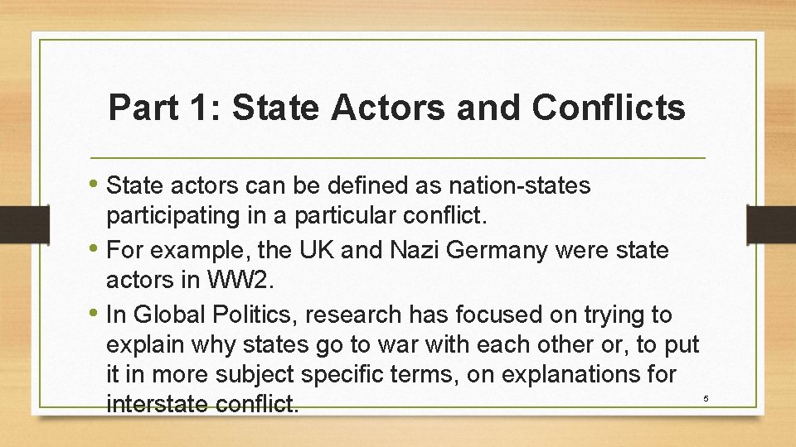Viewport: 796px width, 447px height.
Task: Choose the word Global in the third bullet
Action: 165,315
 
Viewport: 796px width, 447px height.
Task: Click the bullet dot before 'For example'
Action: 95,248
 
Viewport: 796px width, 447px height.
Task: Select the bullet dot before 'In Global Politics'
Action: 95,314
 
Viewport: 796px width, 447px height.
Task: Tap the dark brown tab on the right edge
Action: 771,223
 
